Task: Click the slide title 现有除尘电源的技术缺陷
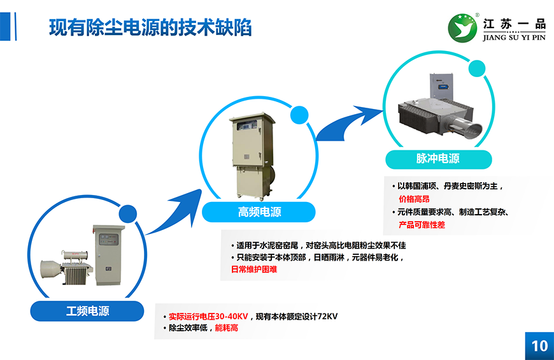150,27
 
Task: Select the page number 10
539,345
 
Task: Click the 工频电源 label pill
88,311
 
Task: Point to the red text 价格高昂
414,199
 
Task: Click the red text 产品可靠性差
422,225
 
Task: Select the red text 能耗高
226,328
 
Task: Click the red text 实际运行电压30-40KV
208,316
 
